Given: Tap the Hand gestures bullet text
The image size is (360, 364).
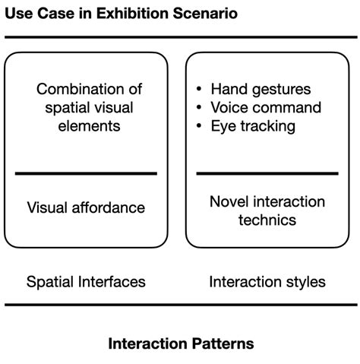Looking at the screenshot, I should (261, 89).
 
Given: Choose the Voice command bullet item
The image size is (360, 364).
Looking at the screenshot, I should (266, 107).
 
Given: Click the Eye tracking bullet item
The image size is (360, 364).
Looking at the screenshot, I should (253, 125).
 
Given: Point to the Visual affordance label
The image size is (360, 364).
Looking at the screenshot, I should (86, 207).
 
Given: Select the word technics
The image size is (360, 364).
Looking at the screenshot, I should (267, 220).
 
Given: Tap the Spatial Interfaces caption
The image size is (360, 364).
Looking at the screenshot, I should (86, 282).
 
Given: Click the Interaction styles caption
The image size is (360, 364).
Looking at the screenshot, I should (267, 282).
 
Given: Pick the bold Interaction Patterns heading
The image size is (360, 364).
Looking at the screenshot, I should (181, 343).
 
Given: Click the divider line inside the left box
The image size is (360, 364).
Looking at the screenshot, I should (86, 174).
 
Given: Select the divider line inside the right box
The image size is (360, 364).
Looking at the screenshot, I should (267, 174).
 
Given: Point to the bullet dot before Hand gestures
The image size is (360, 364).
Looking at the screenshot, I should (199, 90).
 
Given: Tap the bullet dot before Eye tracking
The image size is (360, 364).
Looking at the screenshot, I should (199, 126).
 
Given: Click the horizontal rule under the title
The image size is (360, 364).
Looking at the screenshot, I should (180, 36).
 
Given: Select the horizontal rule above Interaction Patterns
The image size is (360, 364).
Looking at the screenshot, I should (180, 305).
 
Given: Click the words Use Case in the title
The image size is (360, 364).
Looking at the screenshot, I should (34, 13).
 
